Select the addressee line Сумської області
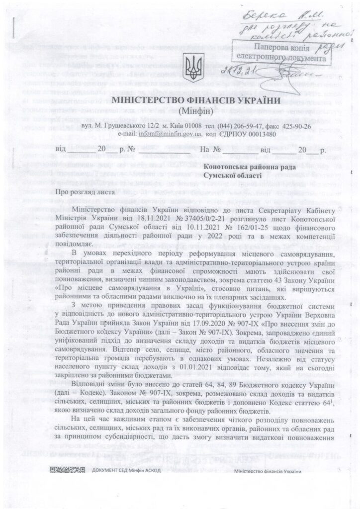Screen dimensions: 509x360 [234, 176]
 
